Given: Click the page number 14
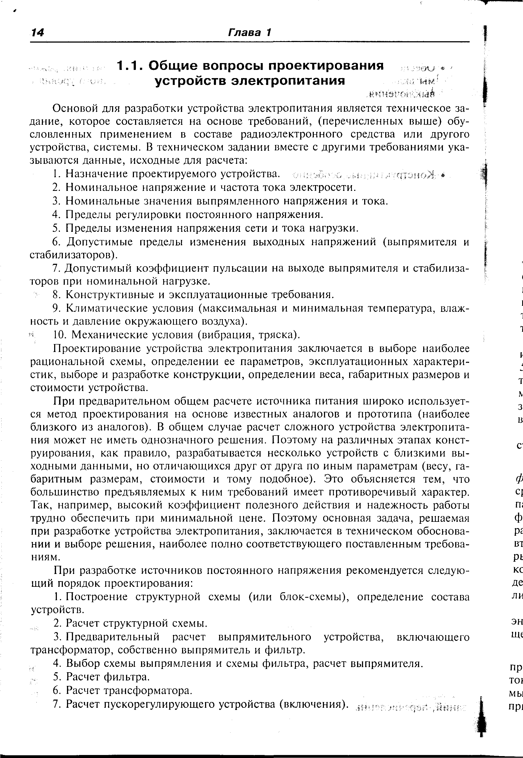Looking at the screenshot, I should [37, 33].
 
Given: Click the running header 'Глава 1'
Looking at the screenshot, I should [250, 33].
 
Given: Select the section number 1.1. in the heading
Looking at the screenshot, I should [130, 66].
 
